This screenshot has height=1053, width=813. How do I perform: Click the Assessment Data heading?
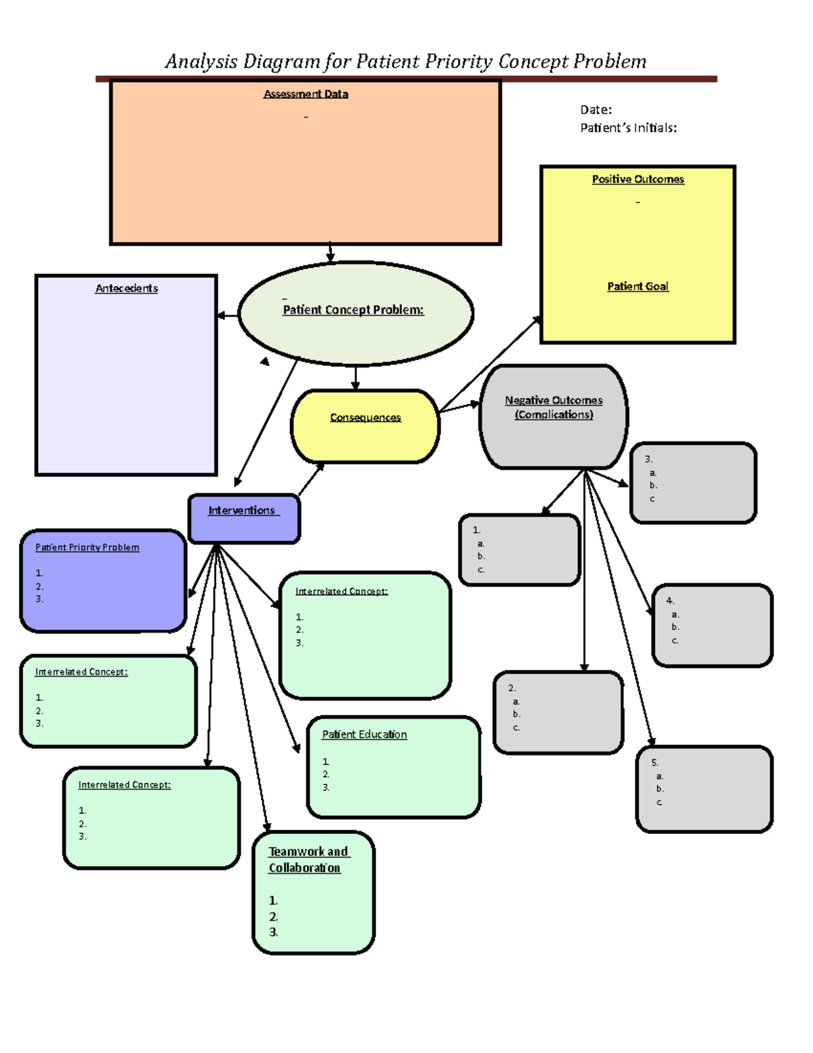(306, 94)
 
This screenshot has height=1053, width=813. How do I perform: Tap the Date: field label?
(596, 110)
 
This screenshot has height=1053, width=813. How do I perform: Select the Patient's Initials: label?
(628, 128)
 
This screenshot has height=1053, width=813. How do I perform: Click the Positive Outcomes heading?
(638, 179)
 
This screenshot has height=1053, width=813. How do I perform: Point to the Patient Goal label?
(638, 286)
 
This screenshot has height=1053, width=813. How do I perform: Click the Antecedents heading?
(126, 288)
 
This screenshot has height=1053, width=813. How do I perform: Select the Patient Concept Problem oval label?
(353, 310)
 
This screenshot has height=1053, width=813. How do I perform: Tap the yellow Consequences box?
(365, 426)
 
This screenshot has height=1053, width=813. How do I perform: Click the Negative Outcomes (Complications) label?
(554, 408)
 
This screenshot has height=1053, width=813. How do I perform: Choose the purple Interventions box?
(243, 518)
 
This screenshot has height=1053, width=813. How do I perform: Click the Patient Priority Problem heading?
(87, 547)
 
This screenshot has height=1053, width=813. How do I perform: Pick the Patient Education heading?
(364, 734)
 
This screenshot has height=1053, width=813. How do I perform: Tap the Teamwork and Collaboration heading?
(308, 860)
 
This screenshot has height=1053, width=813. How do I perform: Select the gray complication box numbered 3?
(693, 483)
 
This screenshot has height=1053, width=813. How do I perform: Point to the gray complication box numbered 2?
(558, 712)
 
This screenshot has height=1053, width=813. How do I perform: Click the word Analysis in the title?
(201, 62)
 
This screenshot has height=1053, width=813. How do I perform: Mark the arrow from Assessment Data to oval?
(330, 253)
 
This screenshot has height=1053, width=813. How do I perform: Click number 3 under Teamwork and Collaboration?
(273, 932)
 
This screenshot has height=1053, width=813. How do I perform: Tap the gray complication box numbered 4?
(712, 625)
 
